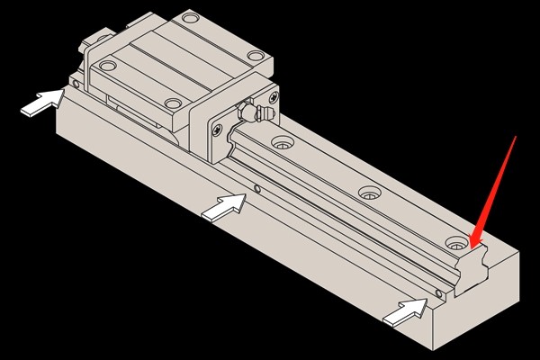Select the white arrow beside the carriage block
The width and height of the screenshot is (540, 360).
[x=41, y=103]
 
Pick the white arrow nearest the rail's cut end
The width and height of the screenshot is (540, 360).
[x=404, y=311]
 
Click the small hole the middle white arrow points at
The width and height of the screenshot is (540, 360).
[x=257, y=190]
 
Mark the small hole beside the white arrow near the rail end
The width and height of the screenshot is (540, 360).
[x=436, y=293]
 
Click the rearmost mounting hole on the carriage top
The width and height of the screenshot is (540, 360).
[x=189, y=17]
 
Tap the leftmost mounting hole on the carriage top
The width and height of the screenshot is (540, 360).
[x=109, y=65]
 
